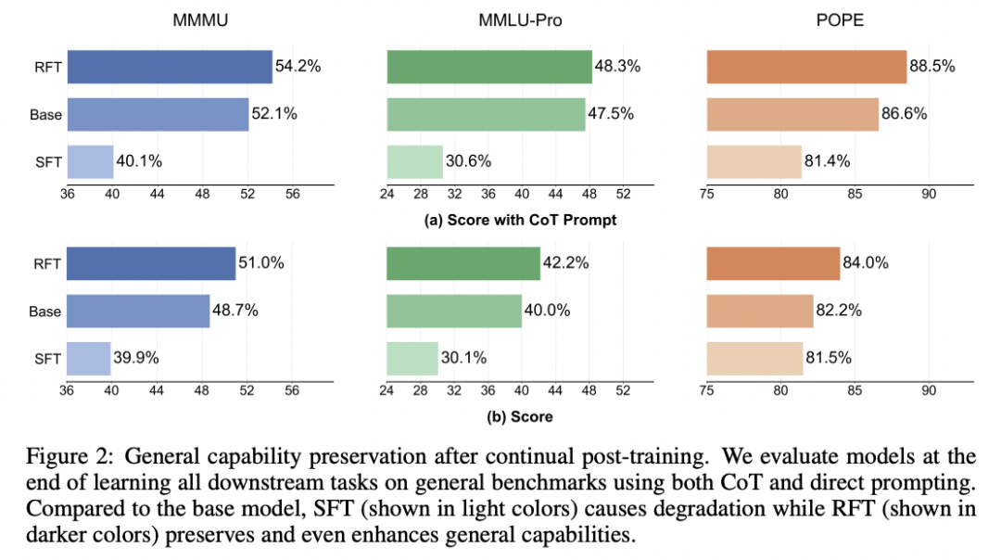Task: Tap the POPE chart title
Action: (x=841, y=19)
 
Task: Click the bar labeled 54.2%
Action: (x=170, y=67)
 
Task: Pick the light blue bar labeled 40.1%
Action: (x=90, y=161)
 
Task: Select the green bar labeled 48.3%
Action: (x=489, y=67)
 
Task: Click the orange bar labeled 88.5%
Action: (x=806, y=67)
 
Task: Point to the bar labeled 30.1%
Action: (x=412, y=358)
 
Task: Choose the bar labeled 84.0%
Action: (x=773, y=262)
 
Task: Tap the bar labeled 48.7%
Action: (x=138, y=311)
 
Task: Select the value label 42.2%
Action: (x=566, y=262)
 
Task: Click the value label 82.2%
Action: (x=840, y=311)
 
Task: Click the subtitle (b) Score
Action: (x=520, y=416)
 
